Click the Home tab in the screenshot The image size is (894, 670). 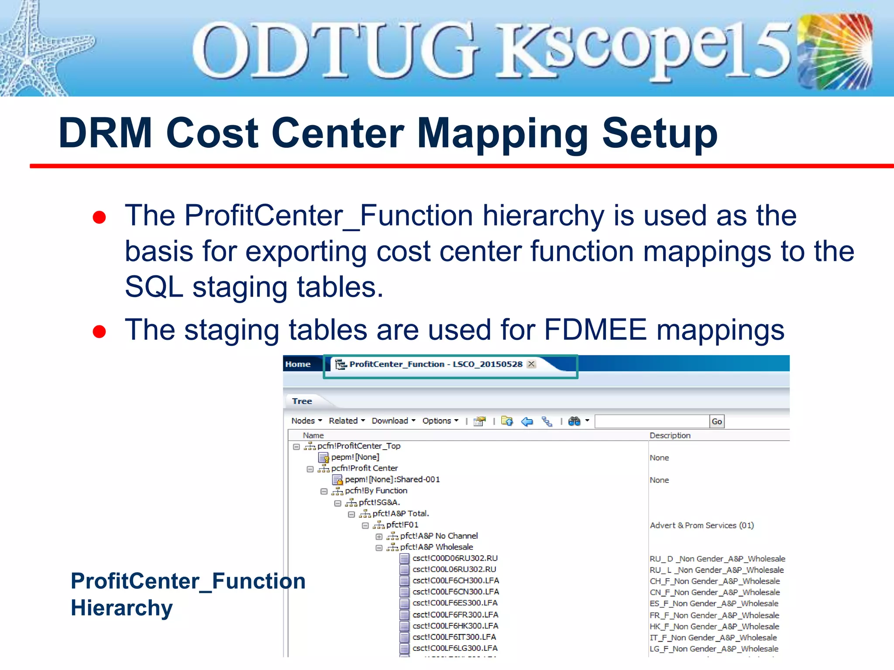click(x=298, y=364)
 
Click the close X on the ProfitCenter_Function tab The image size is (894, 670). click(x=531, y=364)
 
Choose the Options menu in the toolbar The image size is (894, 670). click(x=440, y=421)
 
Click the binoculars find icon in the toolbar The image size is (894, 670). click(x=574, y=421)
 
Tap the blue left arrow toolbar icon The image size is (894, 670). click(x=527, y=421)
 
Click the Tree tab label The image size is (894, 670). click(x=302, y=401)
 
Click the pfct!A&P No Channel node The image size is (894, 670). click(x=439, y=536)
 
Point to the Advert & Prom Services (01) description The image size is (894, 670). click(x=701, y=526)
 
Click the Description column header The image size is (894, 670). click(x=670, y=435)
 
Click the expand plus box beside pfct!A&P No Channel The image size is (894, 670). click(x=379, y=537)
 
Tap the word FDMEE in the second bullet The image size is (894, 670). click(x=595, y=330)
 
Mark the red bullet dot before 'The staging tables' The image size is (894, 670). click(x=100, y=332)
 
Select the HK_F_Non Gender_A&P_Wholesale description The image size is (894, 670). click(x=714, y=626)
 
